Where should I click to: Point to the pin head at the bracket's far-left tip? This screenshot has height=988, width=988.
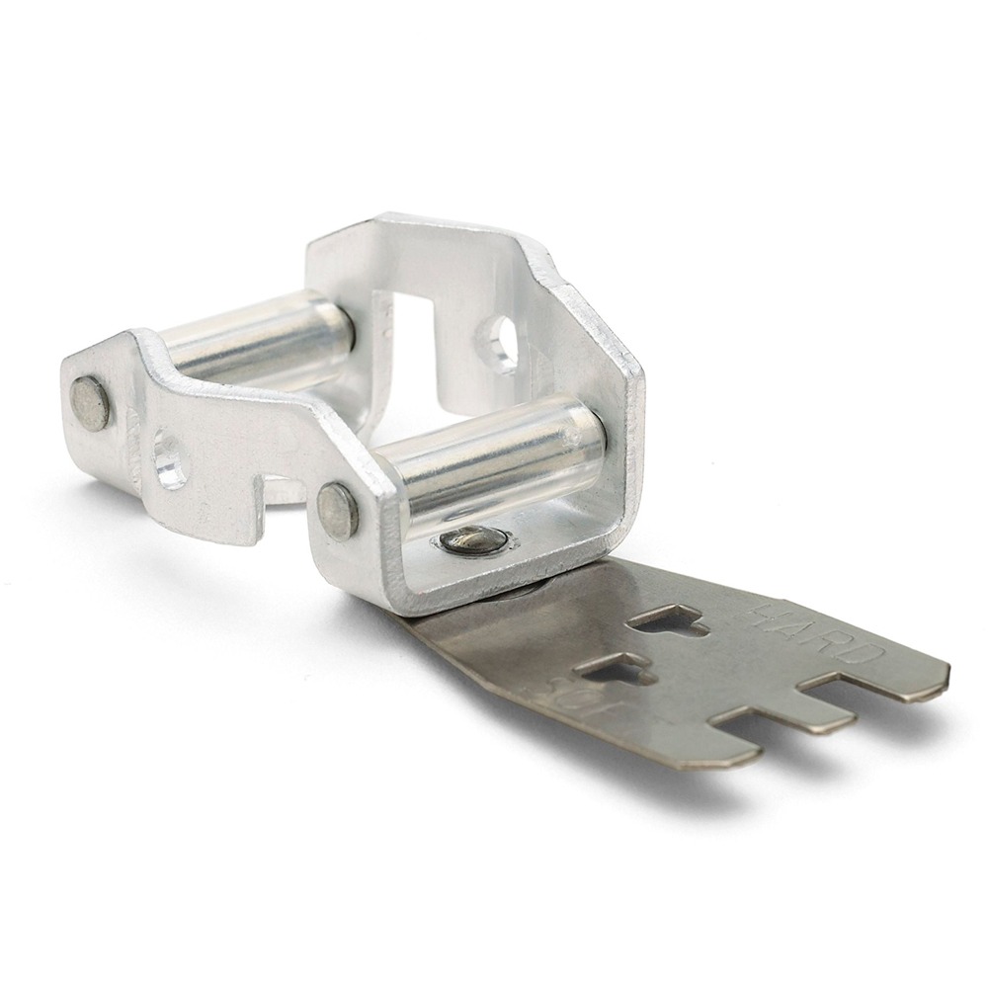90,403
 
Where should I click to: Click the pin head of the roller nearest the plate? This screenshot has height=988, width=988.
338,511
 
